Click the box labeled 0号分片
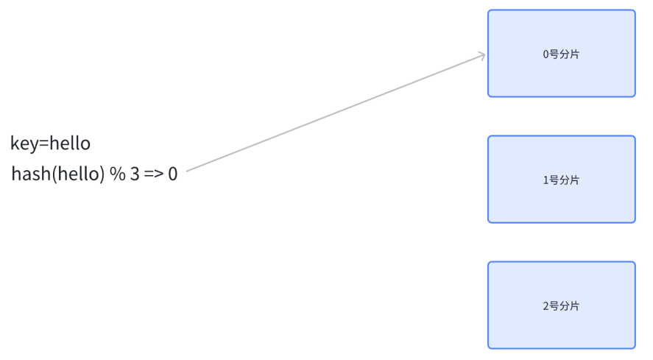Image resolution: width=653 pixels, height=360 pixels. (x=561, y=53)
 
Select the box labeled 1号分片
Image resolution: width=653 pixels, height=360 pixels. (x=561, y=179)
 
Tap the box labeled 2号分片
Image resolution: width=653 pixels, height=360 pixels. (x=561, y=305)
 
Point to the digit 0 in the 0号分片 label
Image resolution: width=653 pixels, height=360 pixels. (x=546, y=54)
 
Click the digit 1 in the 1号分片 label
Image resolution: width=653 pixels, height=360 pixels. (x=546, y=180)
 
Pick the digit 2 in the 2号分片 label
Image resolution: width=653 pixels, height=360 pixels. (x=546, y=306)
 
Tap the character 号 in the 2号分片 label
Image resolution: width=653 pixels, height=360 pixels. (x=554, y=306)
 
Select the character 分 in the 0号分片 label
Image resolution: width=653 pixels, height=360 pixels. (x=565, y=54)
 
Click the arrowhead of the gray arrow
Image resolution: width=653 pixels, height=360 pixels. (x=482, y=54)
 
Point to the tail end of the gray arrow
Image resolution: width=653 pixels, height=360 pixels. (x=188, y=171)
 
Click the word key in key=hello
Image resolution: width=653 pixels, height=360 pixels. (x=24, y=144)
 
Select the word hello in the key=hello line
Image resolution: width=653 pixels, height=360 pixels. (x=70, y=143)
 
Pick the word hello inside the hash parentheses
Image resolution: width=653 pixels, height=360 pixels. (x=77, y=175)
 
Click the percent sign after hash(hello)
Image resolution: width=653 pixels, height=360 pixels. (x=118, y=175)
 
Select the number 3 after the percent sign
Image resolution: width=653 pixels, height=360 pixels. (x=135, y=175)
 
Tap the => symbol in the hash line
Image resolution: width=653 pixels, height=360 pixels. (x=153, y=175)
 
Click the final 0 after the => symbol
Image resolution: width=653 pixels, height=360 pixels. (x=172, y=175)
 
